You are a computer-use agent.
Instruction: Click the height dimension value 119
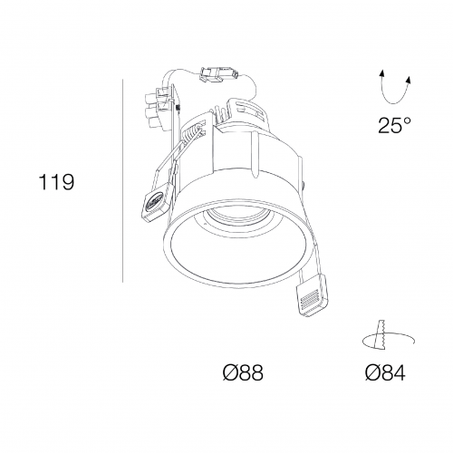coord(56,182)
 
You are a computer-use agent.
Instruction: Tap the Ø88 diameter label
coord(243,372)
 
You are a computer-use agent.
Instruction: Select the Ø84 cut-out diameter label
coord(385,372)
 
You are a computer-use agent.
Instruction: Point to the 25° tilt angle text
coord(394,125)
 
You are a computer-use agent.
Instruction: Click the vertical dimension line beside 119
coord(123,181)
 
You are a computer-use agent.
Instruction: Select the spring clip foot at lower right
coord(312,294)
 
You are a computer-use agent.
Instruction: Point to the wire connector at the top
coord(217,74)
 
